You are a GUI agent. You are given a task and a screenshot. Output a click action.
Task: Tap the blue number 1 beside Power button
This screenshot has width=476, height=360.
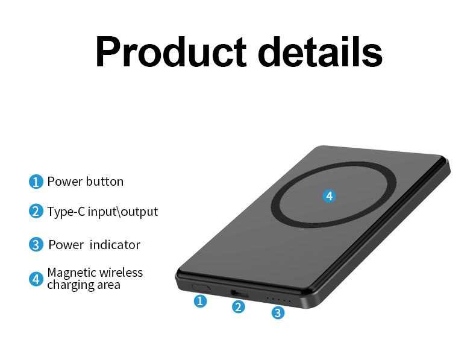[36, 182]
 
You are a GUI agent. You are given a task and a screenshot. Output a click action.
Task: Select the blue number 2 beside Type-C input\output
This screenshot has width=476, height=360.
[36, 211]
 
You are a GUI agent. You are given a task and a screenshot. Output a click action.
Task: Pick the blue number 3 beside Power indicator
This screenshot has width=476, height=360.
[36, 245]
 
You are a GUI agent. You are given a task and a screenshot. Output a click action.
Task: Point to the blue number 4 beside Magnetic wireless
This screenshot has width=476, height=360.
[36, 279]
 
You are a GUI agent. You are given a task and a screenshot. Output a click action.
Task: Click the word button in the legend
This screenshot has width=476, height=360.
[104, 182]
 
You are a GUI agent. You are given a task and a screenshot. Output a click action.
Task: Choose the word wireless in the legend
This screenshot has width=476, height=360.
[121, 273]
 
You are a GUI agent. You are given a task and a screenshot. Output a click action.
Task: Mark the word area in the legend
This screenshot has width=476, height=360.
[110, 285]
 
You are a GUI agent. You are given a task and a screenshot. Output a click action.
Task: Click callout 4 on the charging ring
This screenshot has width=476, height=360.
[329, 196]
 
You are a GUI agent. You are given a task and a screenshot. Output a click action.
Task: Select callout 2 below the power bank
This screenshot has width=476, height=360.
[239, 307]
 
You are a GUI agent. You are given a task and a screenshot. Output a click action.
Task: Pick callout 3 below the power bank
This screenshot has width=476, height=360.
[278, 312]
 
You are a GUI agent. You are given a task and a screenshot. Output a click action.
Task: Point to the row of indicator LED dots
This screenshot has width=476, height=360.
[278, 300]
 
